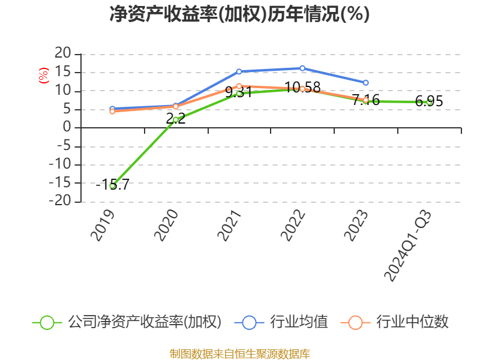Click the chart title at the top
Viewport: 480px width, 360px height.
tap(239, 14)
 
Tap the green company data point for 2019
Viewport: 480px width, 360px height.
tap(112, 186)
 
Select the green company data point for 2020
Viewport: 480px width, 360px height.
tap(175, 119)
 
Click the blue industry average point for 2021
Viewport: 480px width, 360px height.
tap(239, 71)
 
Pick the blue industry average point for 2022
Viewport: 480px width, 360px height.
tap(302, 68)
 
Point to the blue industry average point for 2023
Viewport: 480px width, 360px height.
tap(365, 82)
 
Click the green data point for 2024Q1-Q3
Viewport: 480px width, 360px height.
tap(429, 102)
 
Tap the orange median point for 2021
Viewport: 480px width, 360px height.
tap(239, 86)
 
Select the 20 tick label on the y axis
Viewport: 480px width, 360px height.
tap(62, 54)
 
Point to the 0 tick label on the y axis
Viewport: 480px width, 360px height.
tap(68, 128)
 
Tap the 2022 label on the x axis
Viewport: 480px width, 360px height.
tap(293, 225)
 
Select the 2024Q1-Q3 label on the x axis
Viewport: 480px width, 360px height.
tap(408, 246)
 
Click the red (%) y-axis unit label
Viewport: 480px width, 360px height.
tap(43, 76)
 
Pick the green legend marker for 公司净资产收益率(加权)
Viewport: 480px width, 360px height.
tap(47, 322)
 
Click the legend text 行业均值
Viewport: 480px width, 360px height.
tap(299, 322)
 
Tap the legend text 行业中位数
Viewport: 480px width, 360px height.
tap(412, 322)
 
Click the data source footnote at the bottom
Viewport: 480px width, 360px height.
tap(239, 353)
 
